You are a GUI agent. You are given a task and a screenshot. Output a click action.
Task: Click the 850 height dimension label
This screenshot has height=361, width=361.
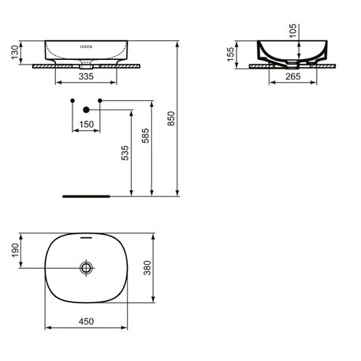[x=171, y=118]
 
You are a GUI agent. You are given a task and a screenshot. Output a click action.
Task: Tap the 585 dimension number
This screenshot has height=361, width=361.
[x=145, y=136]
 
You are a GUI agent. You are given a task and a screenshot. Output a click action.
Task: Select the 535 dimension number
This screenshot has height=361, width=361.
[x=125, y=153]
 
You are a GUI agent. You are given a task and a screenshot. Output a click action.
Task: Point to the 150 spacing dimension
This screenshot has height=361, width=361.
[x=86, y=124]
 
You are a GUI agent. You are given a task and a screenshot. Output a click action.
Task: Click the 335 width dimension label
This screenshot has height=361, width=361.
[x=86, y=76]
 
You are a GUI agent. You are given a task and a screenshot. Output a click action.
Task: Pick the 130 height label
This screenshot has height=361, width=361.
[x=15, y=52]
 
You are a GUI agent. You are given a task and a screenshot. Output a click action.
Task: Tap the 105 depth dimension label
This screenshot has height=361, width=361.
[x=292, y=31]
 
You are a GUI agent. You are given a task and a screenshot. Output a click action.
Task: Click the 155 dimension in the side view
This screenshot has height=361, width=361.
[x=230, y=54]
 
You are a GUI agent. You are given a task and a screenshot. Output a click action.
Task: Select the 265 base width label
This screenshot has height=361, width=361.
[x=293, y=76]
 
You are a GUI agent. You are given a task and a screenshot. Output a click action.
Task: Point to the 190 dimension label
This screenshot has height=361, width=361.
[x=15, y=251]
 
